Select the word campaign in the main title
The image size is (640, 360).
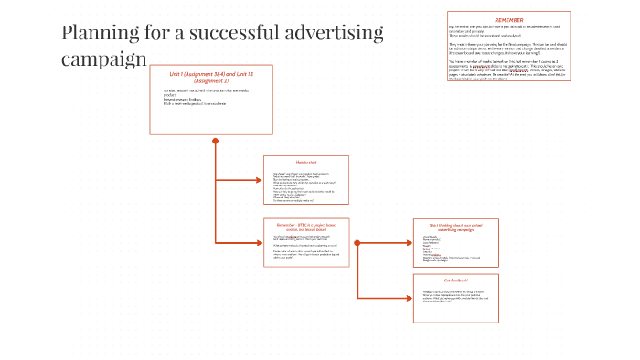103,60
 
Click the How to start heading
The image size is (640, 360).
305,161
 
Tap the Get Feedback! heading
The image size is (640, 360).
456,280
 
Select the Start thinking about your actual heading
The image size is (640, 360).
454,225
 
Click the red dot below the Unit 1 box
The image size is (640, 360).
216,141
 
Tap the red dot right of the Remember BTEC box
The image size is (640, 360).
357,242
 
